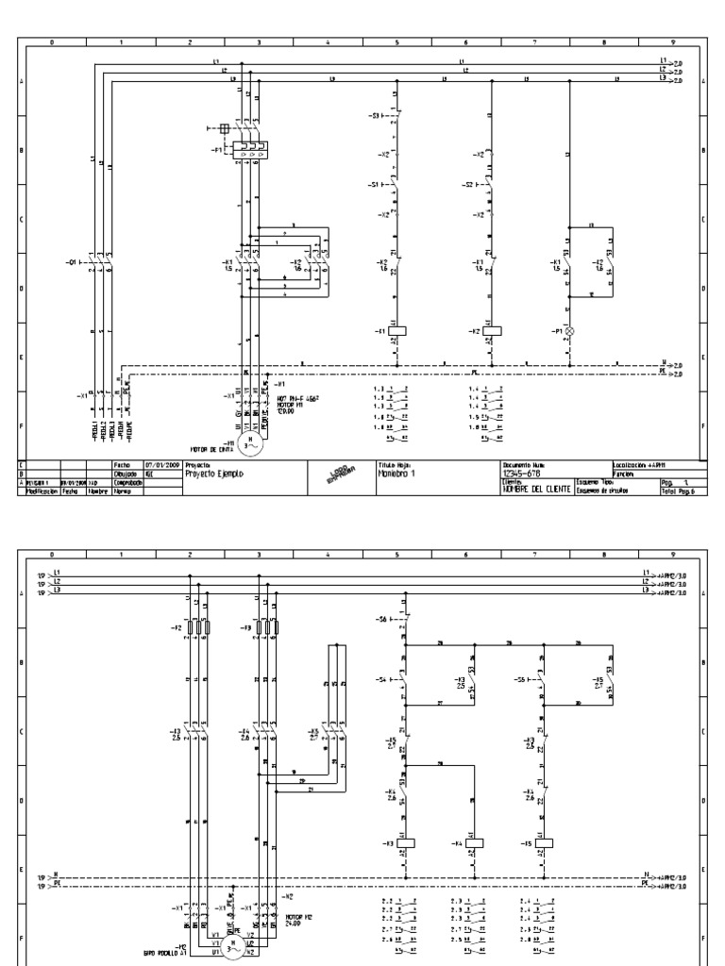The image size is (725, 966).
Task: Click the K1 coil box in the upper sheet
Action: click(400, 331)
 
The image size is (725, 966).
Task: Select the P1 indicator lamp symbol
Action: click(569, 331)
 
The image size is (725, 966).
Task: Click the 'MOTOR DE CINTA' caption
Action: click(211, 449)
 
